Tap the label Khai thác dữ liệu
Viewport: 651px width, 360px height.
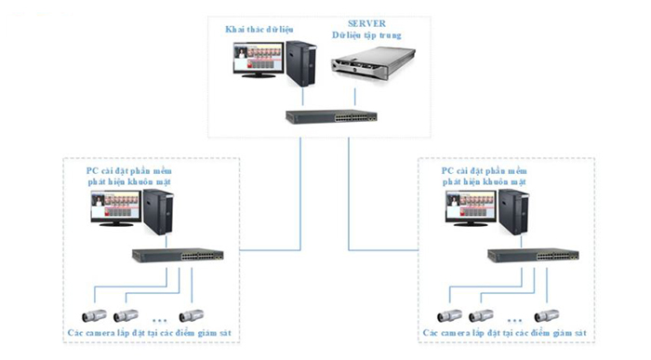(x=257, y=30)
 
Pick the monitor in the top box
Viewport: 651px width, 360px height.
(x=256, y=68)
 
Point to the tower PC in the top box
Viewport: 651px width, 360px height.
(x=299, y=65)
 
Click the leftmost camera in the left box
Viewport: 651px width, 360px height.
(x=94, y=315)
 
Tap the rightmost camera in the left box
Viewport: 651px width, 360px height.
(x=192, y=315)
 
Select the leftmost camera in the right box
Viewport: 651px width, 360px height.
(x=451, y=315)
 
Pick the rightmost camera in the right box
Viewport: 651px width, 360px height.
(x=547, y=315)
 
